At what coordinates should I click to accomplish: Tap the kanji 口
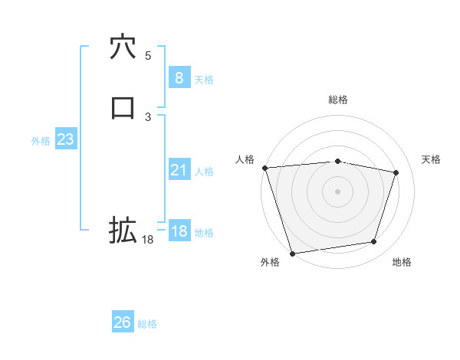(123, 107)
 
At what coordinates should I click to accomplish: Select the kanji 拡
(123, 230)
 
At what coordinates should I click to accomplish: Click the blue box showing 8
(179, 77)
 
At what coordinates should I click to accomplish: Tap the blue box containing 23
(65, 139)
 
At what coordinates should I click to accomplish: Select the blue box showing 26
(123, 322)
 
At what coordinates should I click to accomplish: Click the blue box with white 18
(179, 231)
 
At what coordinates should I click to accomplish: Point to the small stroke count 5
(148, 55)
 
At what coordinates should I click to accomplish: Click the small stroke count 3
(148, 116)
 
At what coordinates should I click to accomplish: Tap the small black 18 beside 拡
(148, 240)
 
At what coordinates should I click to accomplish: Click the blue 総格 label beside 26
(147, 324)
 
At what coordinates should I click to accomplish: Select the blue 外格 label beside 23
(41, 141)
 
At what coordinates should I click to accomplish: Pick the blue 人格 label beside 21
(204, 172)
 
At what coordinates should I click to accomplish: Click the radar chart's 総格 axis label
(337, 100)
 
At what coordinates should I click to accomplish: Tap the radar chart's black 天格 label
(432, 159)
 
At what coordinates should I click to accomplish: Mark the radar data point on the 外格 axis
(292, 253)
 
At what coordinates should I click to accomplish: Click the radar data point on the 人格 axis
(264, 168)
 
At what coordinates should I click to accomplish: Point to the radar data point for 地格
(374, 242)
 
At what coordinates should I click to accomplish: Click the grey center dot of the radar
(337, 191)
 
